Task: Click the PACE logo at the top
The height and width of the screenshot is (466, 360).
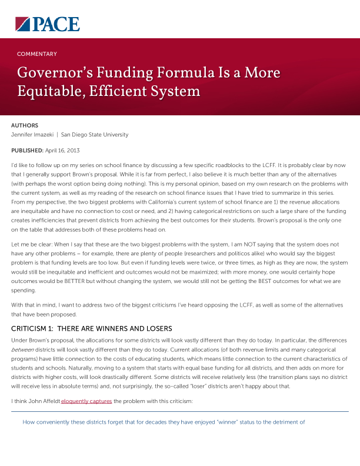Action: pos(47,24)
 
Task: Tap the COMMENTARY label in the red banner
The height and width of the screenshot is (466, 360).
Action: pos(37,54)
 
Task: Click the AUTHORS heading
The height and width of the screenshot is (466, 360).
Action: pos(25,125)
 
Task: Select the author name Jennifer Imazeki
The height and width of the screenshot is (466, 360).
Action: pos(35,135)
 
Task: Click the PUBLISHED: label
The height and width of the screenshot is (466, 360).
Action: pos(27,151)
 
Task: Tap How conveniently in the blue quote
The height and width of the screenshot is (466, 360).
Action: pos(45,422)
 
